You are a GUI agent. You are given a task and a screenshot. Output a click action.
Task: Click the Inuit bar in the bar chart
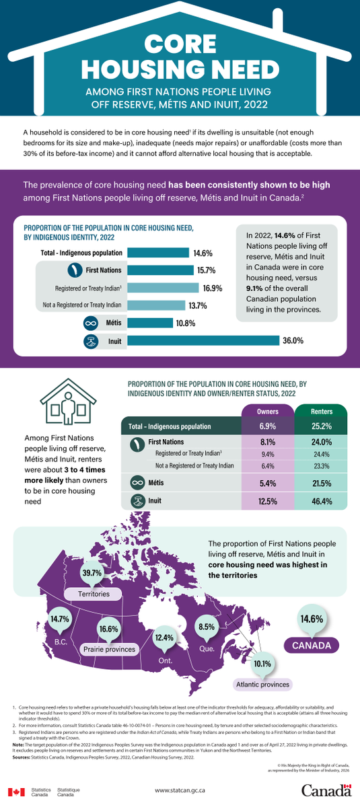[203, 341]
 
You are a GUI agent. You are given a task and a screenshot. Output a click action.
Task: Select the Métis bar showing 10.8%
[150, 323]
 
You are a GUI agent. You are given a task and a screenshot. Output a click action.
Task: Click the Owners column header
[268, 411]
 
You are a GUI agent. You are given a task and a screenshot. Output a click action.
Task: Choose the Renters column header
[321, 411]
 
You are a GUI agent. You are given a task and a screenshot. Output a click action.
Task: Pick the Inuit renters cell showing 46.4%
[321, 501]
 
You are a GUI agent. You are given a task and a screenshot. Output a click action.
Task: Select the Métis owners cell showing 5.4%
[268, 483]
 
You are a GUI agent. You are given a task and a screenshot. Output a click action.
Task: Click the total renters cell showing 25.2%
[321, 426]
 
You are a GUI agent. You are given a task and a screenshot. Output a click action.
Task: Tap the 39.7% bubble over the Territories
[92, 573]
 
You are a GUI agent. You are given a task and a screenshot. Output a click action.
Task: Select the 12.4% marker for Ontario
[164, 637]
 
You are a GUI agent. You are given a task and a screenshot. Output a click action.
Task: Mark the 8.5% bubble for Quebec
[207, 627]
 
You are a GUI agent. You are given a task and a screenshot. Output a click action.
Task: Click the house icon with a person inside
[67, 407]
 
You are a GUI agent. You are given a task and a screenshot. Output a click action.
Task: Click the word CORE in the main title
[180, 44]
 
